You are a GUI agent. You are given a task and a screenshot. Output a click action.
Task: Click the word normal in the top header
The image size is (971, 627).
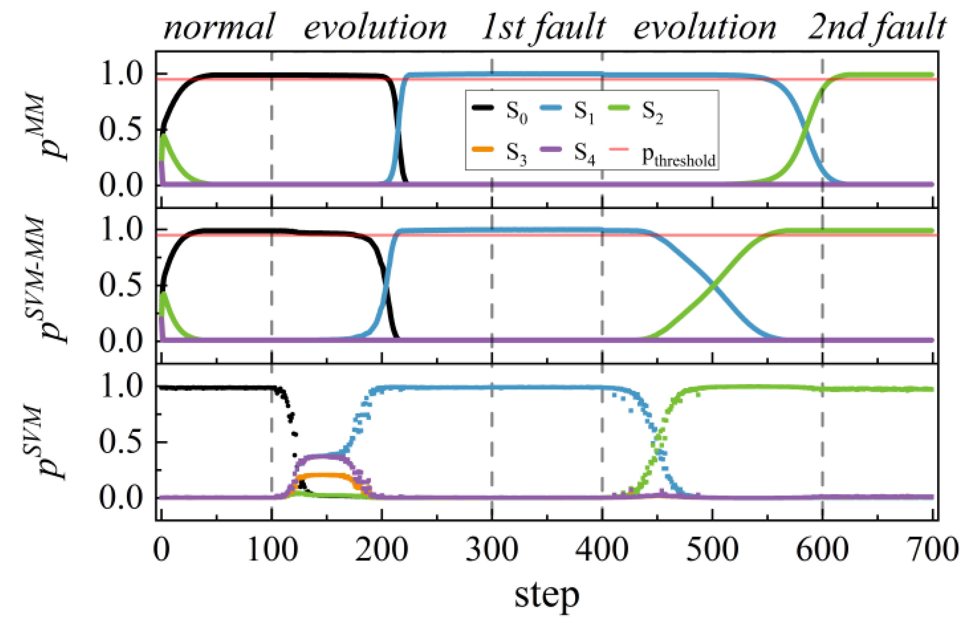pos(219,28)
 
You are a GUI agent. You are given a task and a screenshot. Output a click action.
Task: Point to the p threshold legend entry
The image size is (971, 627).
pos(663,155)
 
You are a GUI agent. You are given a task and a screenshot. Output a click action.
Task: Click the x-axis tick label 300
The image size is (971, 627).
pos(491,550)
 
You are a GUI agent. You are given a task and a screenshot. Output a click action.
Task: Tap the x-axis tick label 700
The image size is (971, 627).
pos(932,550)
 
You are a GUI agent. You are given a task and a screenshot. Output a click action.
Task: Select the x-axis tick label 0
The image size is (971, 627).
pos(161,550)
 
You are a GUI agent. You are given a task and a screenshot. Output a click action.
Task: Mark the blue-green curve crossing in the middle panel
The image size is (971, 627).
pos(712,285)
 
